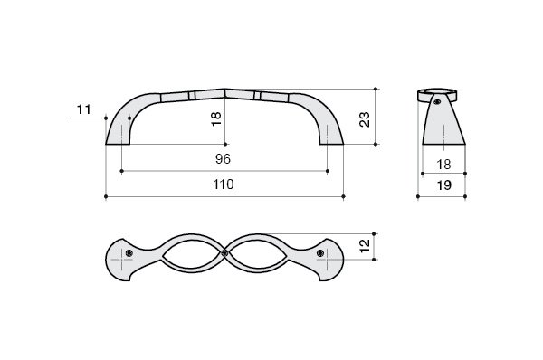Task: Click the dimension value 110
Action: click(224, 185)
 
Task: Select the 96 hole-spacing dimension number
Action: click(223, 159)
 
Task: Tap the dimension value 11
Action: click(83, 109)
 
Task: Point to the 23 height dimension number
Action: click(365, 119)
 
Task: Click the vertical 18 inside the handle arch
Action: click(216, 118)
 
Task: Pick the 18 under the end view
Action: click(443, 165)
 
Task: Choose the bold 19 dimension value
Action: click(444, 185)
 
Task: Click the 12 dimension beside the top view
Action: click(365, 246)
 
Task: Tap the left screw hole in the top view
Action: click(129, 253)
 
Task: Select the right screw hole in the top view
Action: click(320, 253)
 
